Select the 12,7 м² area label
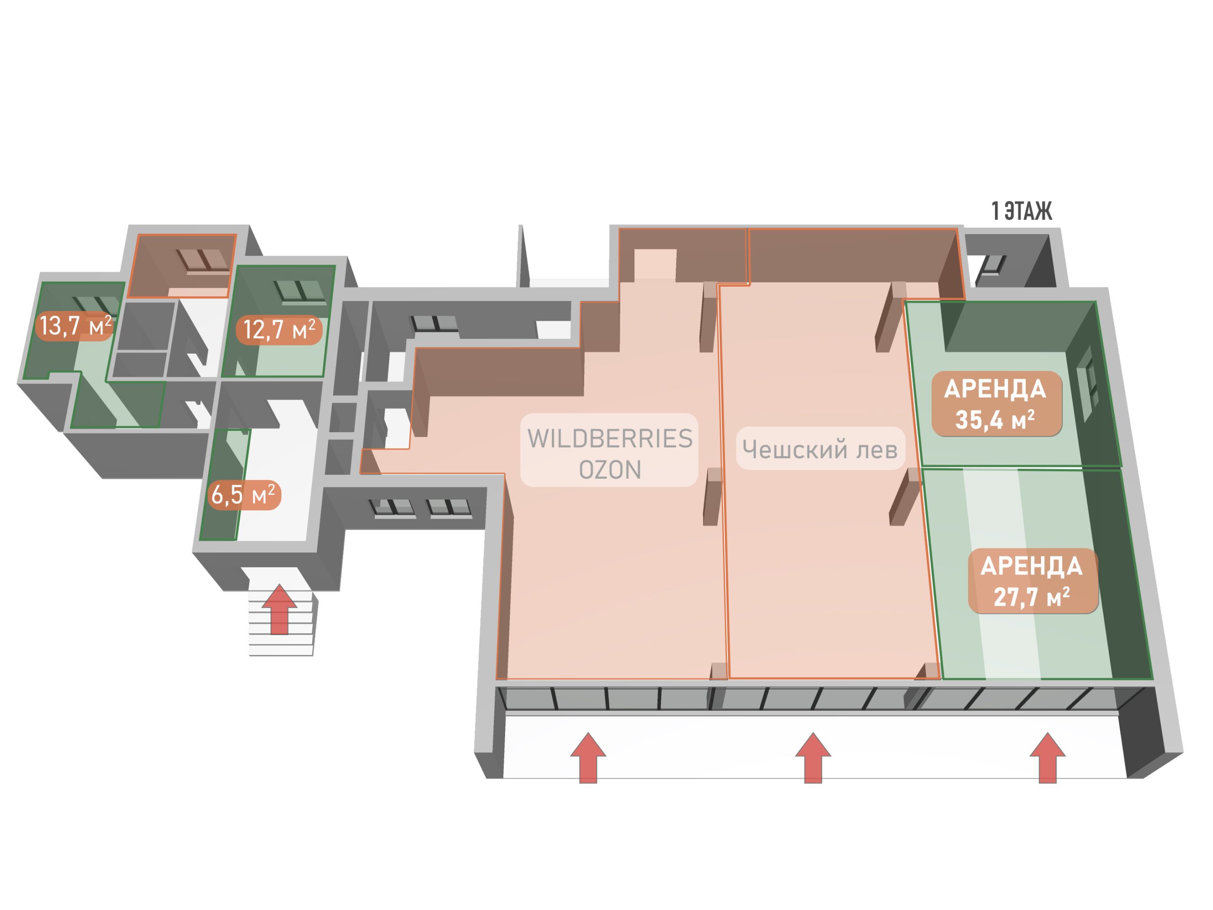pos(279,330)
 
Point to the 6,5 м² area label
pos(244,495)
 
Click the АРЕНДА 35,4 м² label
pos(996,404)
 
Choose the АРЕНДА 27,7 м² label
pos(1032,581)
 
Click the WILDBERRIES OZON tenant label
pos(609,450)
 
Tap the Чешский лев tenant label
pos(820,449)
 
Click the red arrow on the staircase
pos(280,610)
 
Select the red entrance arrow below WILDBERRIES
pos(588,757)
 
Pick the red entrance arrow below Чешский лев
pos(813,757)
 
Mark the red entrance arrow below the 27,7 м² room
pos(1047,757)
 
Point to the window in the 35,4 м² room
pos(1087,383)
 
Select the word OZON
pos(610,470)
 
